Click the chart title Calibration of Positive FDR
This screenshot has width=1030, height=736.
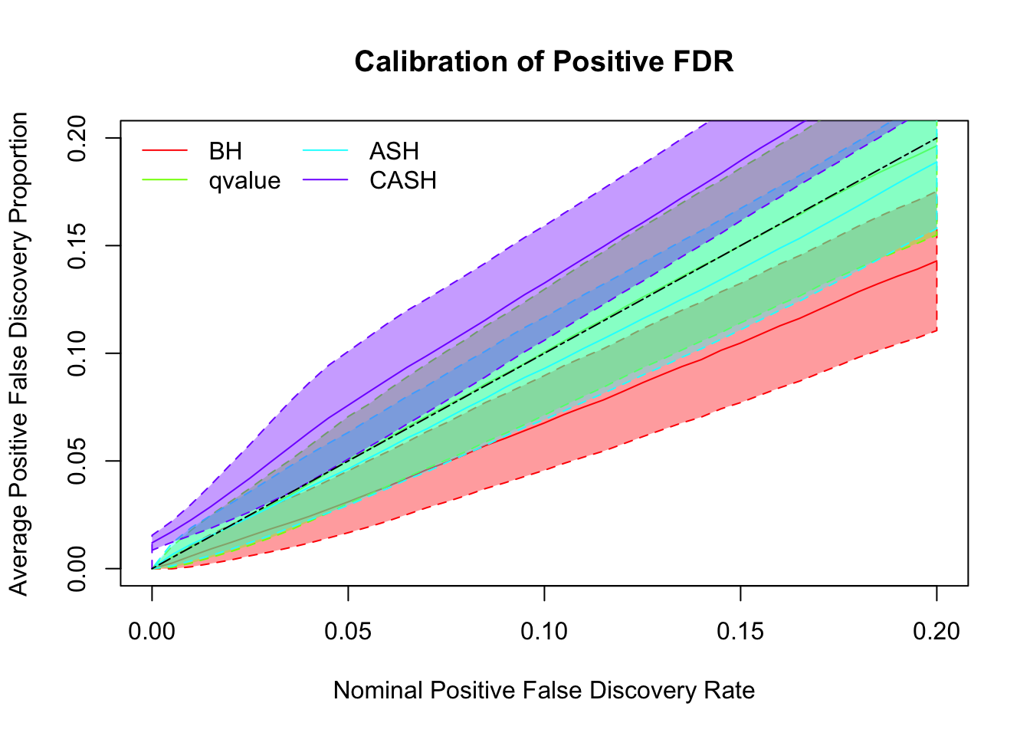(x=544, y=62)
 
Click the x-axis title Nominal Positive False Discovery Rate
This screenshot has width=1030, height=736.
(x=544, y=691)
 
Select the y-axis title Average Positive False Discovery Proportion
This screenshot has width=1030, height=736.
(x=18, y=353)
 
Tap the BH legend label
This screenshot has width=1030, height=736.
(x=225, y=152)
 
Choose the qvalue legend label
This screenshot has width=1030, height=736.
(x=244, y=181)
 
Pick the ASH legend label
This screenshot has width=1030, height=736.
(x=394, y=152)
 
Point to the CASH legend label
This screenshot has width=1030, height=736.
(x=403, y=181)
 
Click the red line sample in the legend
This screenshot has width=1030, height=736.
(x=165, y=151)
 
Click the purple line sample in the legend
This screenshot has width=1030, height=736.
(x=326, y=180)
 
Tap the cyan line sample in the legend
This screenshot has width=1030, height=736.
(x=326, y=151)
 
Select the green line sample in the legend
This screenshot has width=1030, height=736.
(x=165, y=180)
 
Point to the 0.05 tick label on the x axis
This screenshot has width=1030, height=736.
(x=348, y=632)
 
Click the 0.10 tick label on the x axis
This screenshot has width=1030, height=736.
(x=544, y=632)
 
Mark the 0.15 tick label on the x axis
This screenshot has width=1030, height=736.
(x=740, y=632)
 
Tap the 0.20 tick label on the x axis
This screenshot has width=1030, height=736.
(x=937, y=632)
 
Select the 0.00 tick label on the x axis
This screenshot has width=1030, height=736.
(x=152, y=632)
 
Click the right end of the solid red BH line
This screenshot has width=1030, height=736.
(x=936, y=261)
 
